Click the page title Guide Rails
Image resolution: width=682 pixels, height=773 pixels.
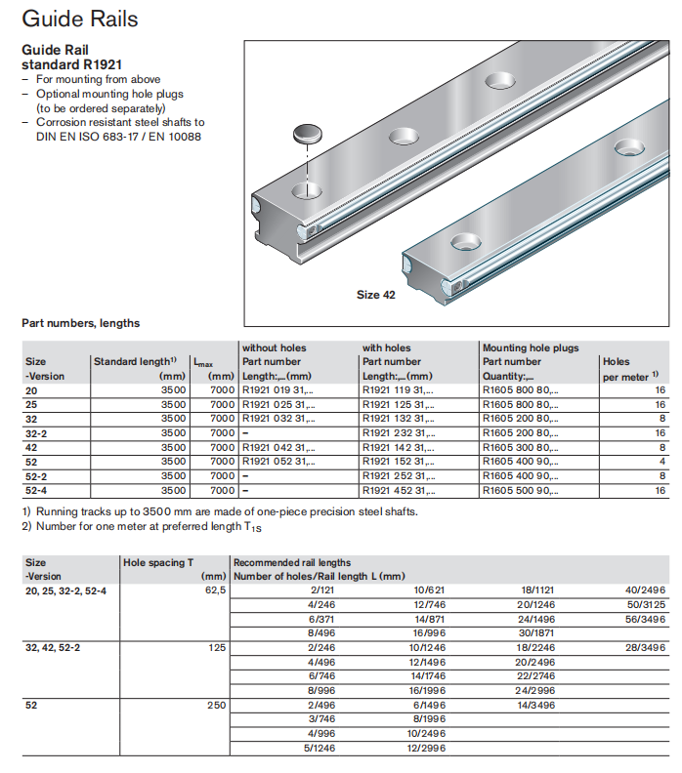tap(79, 19)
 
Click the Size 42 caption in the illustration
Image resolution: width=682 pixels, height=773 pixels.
tap(375, 295)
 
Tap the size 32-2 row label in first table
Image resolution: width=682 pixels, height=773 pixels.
tap(37, 432)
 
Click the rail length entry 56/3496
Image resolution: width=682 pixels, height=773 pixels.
tap(645, 619)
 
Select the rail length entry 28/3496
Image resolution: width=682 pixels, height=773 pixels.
tap(645, 647)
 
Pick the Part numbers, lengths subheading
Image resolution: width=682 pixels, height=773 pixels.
tap(80, 323)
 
